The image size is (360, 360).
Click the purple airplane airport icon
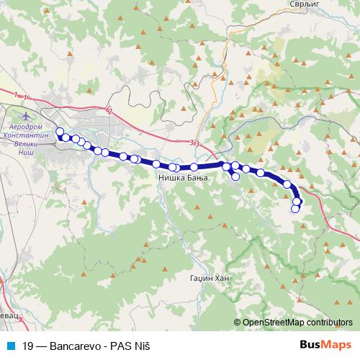click(27, 116)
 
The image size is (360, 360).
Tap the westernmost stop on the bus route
click(60, 132)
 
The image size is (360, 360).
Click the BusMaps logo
click(325, 344)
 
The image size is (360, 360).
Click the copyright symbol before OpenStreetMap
click(238, 323)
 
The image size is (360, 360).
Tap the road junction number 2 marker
click(109, 109)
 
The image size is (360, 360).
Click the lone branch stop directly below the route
click(235, 176)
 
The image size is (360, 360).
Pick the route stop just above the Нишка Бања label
click(173, 167)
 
